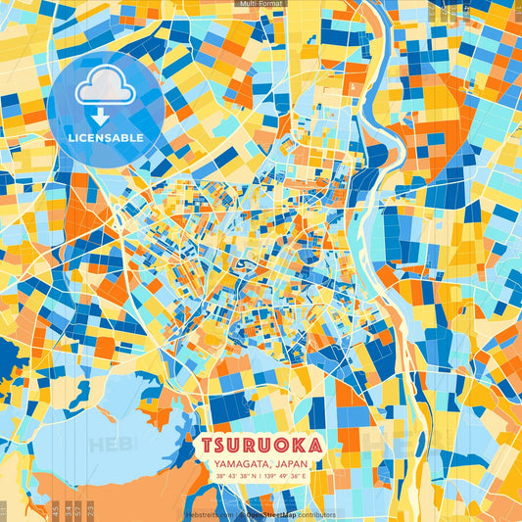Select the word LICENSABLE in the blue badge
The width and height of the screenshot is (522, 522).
click(x=106, y=138)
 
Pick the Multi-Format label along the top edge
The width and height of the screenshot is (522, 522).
click(x=260, y=4)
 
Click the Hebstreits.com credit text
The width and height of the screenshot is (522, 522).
click(x=207, y=514)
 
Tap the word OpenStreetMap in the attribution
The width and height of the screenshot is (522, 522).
click(x=269, y=514)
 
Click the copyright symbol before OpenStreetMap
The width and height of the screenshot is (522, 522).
click(x=241, y=514)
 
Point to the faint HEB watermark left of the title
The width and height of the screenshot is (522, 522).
click(x=112, y=446)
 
